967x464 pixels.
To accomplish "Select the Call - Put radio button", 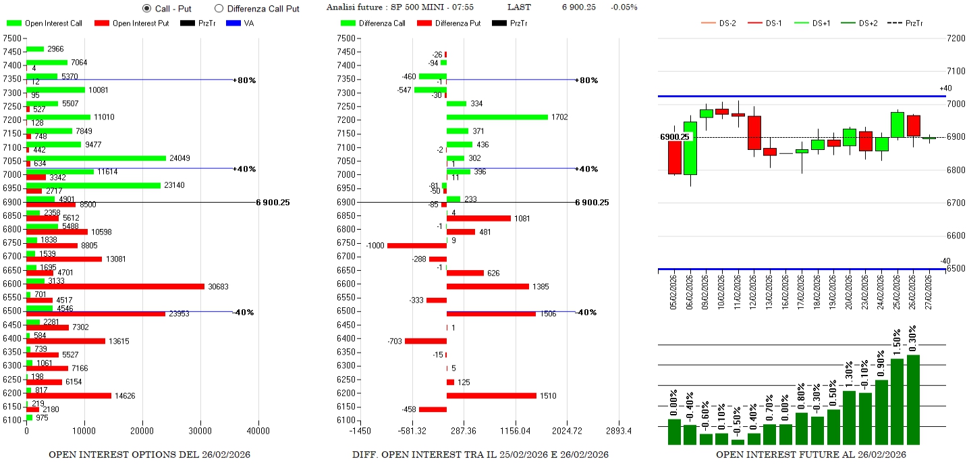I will point(147,8).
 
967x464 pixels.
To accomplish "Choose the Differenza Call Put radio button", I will point(219,8).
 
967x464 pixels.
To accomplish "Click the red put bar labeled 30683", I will point(115,286).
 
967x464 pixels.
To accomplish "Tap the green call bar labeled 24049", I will point(96,158).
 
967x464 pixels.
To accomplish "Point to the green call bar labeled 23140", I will point(93,185).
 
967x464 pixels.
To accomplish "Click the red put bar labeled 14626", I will point(68,396).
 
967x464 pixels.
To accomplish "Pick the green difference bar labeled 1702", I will point(497,117).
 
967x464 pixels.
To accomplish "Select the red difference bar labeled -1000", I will point(417,245).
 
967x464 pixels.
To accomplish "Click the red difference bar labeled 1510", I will point(491,396).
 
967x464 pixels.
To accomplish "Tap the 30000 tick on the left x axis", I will point(200,431).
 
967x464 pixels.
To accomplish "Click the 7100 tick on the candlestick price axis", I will point(956,71).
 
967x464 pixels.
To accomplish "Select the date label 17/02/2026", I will point(801,291).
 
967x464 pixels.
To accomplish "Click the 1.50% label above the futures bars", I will point(897,342).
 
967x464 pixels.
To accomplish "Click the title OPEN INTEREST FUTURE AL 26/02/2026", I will point(811,455).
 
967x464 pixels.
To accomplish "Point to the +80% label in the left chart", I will point(245,80).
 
